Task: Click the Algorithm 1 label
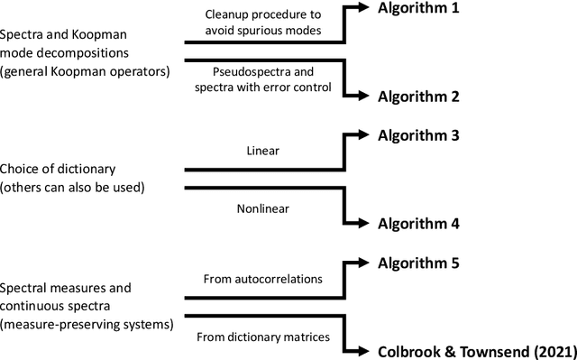[x=418, y=9]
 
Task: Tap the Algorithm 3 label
[x=418, y=136]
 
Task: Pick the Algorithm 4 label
[x=418, y=222]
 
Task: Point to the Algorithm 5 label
[x=418, y=263]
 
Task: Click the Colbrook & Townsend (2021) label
[x=472, y=350]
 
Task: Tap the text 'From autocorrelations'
[x=263, y=280]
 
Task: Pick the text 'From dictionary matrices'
[x=263, y=337]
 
